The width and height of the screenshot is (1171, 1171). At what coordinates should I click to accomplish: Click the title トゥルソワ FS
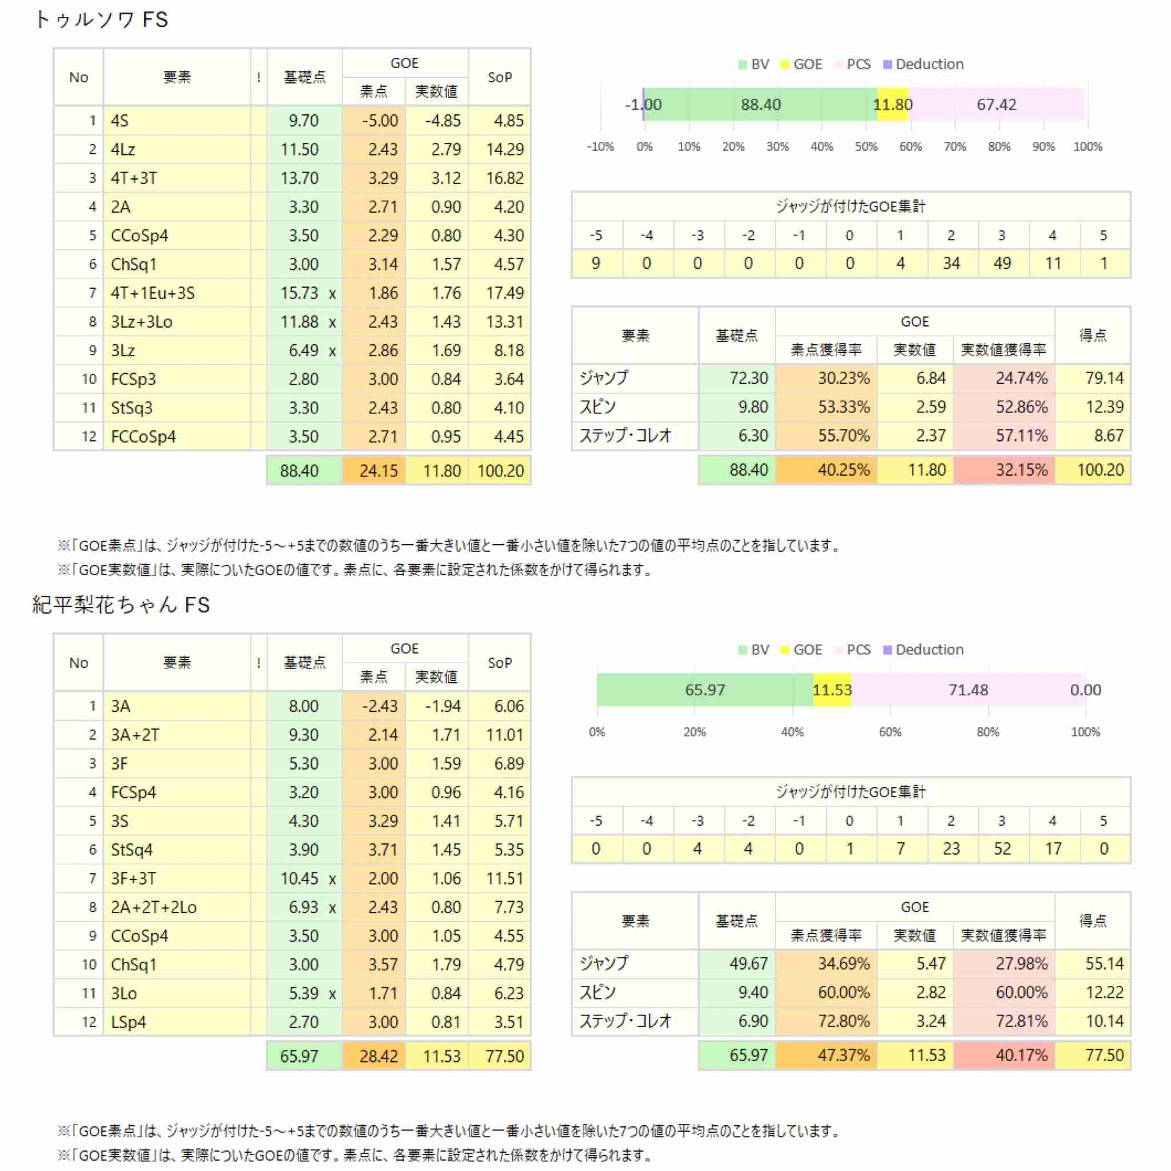click(101, 20)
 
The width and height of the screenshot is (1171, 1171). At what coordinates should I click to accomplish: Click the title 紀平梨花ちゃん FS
click(121, 605)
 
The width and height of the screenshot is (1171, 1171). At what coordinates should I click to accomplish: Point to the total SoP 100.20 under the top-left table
click(500, 471)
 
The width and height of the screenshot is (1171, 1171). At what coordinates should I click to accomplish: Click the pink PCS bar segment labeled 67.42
click(997, 104)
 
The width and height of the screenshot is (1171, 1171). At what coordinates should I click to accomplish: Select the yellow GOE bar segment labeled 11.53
click(832, 690)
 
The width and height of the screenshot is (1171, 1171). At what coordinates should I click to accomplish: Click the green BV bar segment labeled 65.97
click(705, 690)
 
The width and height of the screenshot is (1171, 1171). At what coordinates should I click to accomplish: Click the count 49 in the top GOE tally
click(1002, 264)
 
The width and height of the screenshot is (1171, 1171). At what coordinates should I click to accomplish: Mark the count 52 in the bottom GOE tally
click(1002, 849)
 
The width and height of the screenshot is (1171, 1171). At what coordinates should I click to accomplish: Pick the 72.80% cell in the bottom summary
click(826, 1021)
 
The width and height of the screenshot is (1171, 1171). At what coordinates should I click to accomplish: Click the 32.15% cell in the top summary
click(1004, 470)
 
